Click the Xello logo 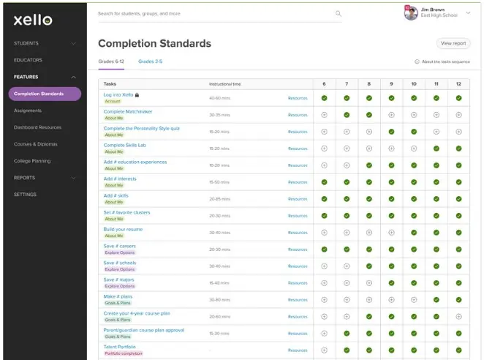[33, 20]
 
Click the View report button [453, 44]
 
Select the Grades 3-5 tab [150, 62]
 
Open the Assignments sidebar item [28, 110]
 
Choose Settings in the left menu [25, 195]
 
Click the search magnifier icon [339, 13]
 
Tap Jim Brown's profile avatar [411, 12]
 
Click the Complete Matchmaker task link [128, 112]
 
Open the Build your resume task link [123, 229]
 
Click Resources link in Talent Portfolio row [298, 350]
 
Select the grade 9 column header [391, 84]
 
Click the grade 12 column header [458, 84]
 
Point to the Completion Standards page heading [154, 43]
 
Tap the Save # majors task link [119, 280]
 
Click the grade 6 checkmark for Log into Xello [325, 98]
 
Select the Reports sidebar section [25, 178]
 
